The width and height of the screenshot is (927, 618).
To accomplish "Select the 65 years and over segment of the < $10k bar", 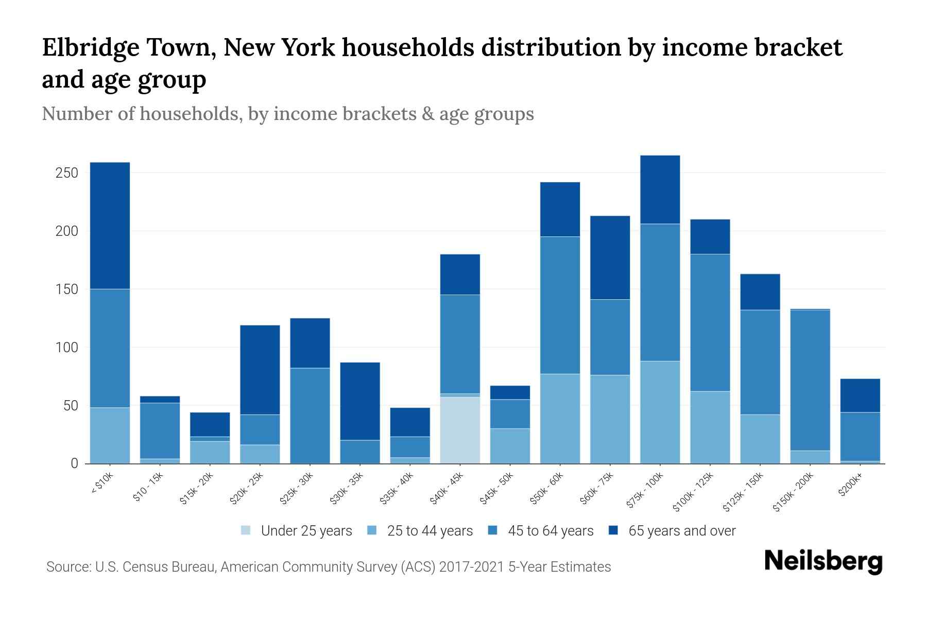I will [x=110, y=226].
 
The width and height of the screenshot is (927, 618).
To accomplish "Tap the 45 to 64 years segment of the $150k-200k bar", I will [x=810, y=380].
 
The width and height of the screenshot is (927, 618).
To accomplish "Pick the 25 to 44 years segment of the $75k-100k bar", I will [x=660, y=412].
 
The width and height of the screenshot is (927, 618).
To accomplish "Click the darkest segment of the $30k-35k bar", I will [x=360, y=401].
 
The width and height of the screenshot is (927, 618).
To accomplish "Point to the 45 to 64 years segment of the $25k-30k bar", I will [x=310, y=416].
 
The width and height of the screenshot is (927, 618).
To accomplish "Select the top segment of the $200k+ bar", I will [x=860, y=396].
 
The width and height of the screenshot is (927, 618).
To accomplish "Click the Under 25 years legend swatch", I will [x=246, y=530].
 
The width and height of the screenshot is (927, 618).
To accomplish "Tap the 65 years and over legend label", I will [x=682, y=530].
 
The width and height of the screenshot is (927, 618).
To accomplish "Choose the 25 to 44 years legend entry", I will [x=430, y=530].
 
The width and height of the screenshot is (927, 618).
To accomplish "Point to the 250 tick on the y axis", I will [x=66, y=173].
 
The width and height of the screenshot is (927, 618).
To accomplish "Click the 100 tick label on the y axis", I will [x=66, y=348].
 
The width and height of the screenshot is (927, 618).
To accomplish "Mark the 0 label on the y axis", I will [x=74, y=463].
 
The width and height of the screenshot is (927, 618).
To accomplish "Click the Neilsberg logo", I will [x=823, y=561].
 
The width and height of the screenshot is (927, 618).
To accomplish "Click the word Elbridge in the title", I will [x=89, y=48].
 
